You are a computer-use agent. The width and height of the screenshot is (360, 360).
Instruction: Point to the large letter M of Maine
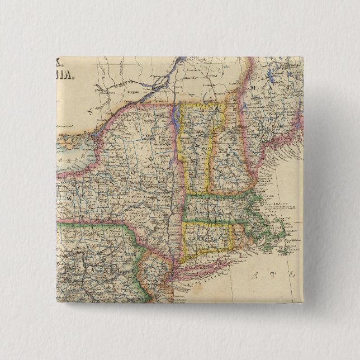click(253, 88)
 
